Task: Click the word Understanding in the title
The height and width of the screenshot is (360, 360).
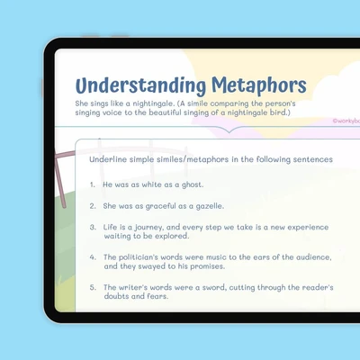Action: (x=140, y=86)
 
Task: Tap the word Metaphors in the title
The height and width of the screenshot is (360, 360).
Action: (x=259, y=85)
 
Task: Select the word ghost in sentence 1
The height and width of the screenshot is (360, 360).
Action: (x=193, y=184)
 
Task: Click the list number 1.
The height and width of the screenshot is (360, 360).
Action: (x=93, y=184)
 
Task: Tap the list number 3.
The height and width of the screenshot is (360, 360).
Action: (x=93, y=227)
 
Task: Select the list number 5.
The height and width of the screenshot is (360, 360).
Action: (x=93, y=287)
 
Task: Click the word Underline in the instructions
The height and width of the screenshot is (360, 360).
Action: (x=108, y=159)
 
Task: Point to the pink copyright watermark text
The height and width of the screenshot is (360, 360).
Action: (x=346, y=121)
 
